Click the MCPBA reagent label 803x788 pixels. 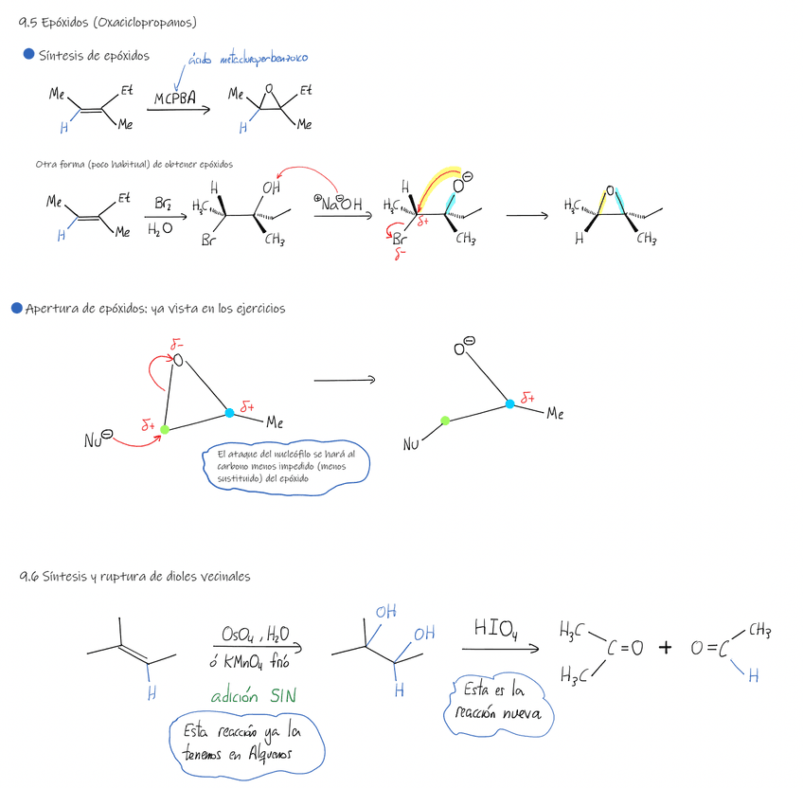pyautogui.click(x=175, y=98)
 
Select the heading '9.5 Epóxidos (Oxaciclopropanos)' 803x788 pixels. pyautogui.click(x=115, y=22)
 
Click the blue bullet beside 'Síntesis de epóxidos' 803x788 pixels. pyautogui.click(x=27, y=55)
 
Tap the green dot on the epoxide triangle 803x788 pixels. pyautogui.click(x=165, y=429)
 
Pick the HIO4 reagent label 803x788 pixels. pyautogui.click(x=496, y=629)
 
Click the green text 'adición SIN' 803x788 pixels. pyautogui.click(x=253, y=696)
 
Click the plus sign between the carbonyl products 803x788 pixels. pyautogui.click(x=666, y=648)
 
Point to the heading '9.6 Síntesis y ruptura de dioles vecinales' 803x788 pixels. pyautogui.click(x=135, y=576)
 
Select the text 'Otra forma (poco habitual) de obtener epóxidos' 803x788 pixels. pyautogui.click(x=134, y=164)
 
